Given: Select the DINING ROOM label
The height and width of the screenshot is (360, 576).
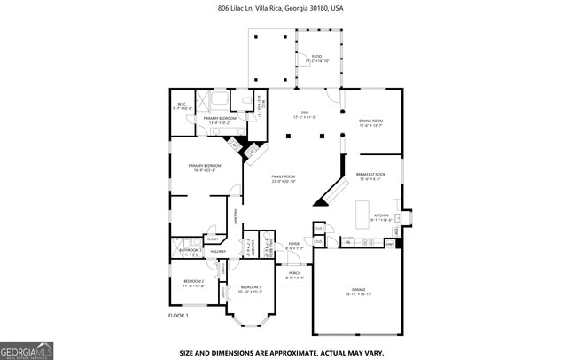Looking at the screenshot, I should [x=370, y=122].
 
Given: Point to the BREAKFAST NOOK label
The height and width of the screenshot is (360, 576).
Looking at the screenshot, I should [x=370, y=176].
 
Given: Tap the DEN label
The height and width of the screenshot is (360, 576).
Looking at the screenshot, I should [x=304, y=113].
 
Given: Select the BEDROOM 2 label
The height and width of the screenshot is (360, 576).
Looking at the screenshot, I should [x=193, y=283].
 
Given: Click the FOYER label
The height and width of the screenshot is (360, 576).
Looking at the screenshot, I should [x=294, y=246].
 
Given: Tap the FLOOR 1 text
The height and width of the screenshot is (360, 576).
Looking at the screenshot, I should [x=178, y=315].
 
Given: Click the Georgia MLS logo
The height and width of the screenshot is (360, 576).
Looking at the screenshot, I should [x=26, y=350].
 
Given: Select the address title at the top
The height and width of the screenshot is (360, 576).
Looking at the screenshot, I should [x=281, y=8].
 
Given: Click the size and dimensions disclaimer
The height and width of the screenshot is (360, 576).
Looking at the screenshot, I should [x=282, y=352].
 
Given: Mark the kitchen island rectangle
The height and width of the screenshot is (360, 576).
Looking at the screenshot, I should [x=362, y=214].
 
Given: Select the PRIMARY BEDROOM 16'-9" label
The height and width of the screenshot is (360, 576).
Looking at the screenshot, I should [x=204, y=168].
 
